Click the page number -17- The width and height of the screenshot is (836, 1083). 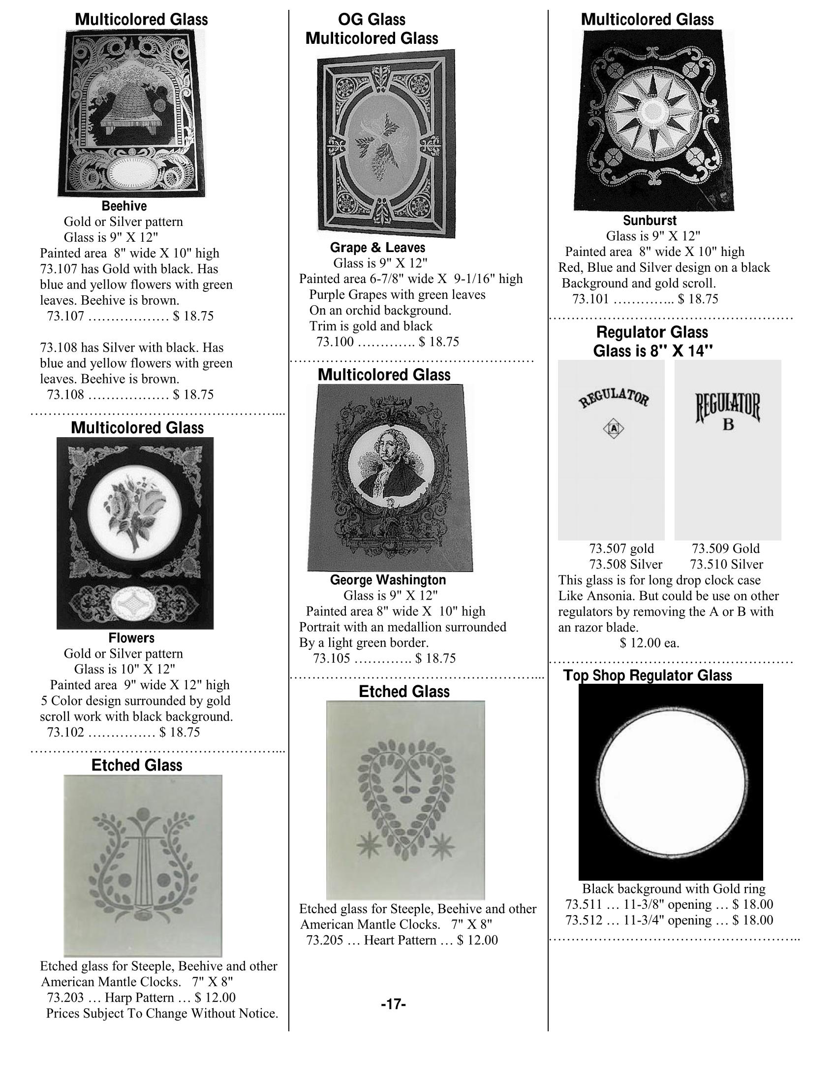(x=394, y=1005)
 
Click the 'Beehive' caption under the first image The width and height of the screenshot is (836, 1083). (x=124, y=206)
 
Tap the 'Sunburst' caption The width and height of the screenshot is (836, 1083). (x=649, y=220)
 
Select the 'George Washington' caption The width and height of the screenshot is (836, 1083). (x=388, y=580)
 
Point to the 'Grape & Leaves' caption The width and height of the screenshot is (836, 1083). (x=377, y=248)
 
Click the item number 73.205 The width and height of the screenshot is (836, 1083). (x=325, y=940)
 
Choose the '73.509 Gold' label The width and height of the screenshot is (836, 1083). (x=725, y=548)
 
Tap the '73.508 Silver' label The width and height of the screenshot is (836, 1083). (x=625, y=564)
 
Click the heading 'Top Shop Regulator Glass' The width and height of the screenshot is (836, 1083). (x=647, y=675)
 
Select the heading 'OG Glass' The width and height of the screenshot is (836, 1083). (x=372, y=20)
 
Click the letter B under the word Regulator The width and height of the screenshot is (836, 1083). (x=728, y=424)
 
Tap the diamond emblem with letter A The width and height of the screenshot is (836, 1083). (x=614, y=428)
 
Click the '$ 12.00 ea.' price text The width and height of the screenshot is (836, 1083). (x=649, y=643)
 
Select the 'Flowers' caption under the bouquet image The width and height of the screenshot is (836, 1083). (x=131, y=637)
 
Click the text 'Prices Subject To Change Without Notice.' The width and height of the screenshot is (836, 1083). (x=162, y=1013)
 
